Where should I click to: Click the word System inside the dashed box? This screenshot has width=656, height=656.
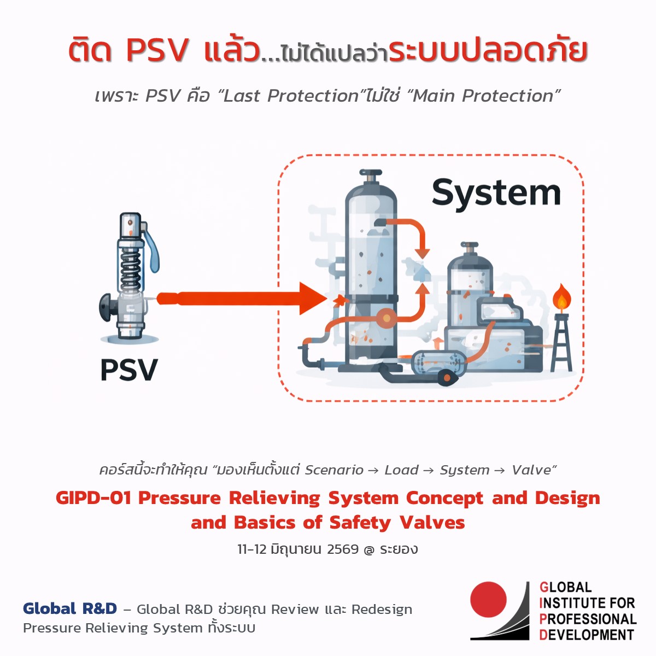tap(496, 194)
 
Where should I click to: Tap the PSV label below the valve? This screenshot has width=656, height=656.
tap(129, 370)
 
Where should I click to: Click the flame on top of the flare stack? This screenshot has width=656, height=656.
tap(561, 298)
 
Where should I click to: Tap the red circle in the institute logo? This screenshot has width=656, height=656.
tap(488, 599)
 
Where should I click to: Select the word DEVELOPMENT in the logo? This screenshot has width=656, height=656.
tap(587, 635)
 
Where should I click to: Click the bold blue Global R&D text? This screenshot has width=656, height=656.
tap(70, 609)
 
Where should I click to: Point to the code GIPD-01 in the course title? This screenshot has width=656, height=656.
tap(93, 498)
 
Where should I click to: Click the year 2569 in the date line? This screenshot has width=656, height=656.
tap(343, 549)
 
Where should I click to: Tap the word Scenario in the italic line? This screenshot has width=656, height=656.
tap(334, 470)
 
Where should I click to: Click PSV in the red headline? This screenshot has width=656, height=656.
tap(157, 50)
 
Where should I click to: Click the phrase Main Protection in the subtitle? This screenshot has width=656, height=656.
tap(483, 96)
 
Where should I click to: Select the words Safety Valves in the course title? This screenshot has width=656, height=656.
tap(397, 523)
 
